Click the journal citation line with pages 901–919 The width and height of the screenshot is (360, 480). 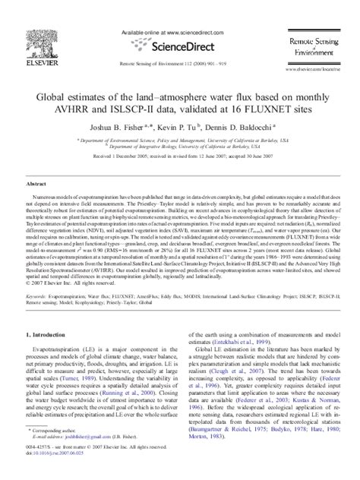179,65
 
